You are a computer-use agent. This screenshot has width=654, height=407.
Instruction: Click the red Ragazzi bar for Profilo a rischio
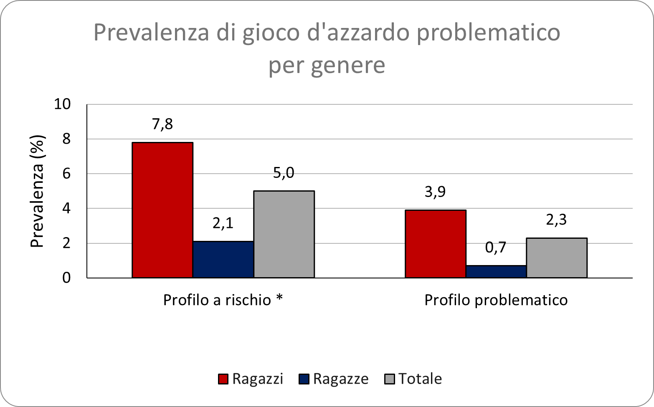click(x=162, y=210)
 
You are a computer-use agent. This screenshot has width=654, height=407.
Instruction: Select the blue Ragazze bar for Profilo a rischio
click(x=223, y=259)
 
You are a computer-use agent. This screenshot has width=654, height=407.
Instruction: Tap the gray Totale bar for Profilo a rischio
click(x=284, y=234)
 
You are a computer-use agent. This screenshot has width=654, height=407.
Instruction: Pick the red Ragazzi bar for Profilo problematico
click(x=436, y=244)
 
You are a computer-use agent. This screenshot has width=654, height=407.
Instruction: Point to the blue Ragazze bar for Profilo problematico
click(x=496, y=271)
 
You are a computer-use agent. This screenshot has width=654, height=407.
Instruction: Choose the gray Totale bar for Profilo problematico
click(x=557, y=258)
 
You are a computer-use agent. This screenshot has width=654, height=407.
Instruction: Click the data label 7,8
click(x=162, y=124)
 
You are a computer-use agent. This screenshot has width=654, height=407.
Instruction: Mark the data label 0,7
click(x=496, y=248)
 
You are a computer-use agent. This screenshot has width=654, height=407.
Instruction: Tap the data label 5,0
click(x=284, y=172)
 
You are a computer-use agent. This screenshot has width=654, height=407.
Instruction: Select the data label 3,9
click(x=435, y=192)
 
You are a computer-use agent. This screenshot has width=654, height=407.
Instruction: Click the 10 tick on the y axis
click(x=62, y=104)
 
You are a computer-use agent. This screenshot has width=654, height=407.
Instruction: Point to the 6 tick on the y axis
click(x=66, y=174)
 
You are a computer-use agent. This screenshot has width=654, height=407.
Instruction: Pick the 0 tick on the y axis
click(x=66, y=278)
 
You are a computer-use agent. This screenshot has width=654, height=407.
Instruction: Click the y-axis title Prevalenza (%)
click(x=38, y=191)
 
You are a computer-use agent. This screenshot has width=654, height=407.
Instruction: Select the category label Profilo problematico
click(x=496, y=300)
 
